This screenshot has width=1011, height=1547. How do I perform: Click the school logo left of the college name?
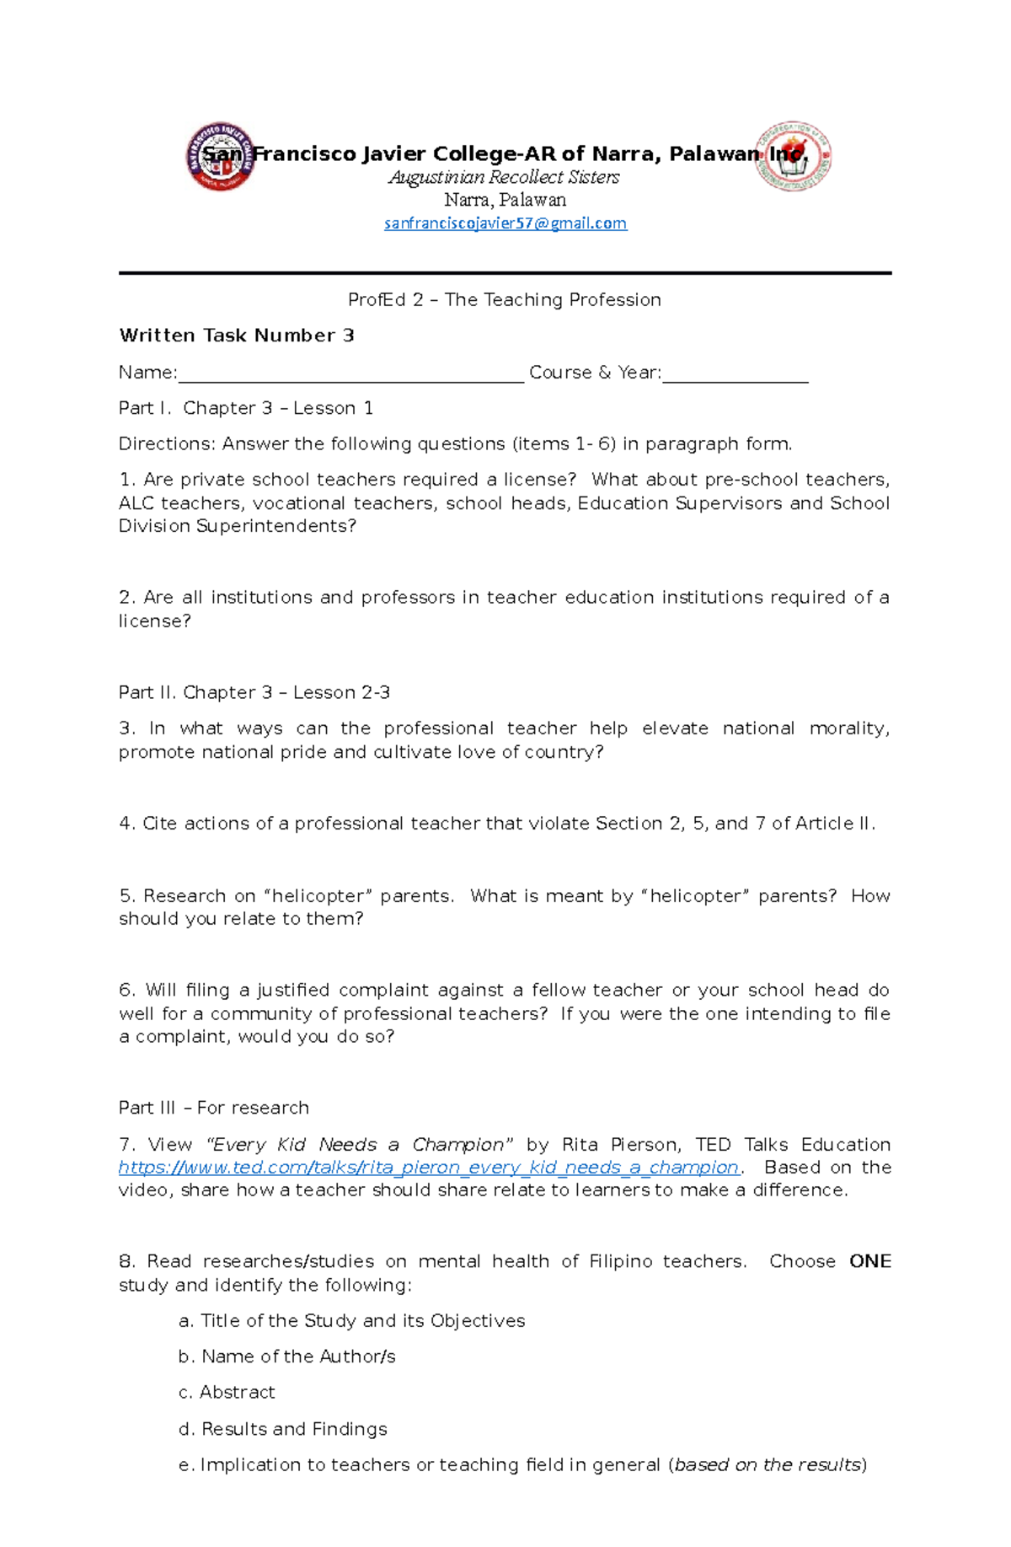(x=221, y=156)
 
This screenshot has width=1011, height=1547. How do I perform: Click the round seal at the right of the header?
(x=793, y=156)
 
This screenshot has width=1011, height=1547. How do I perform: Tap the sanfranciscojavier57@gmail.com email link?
(x=505, y=223)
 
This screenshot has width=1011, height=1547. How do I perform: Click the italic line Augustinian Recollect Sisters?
(x=504, y=177)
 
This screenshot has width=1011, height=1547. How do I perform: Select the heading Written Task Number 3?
(x=237, y=336)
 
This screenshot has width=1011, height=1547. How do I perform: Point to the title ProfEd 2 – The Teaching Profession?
(x=505, y=300)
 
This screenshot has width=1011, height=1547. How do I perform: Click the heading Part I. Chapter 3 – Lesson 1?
(x=246, y=408)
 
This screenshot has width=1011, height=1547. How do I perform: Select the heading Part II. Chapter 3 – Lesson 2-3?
(x=254, y=693)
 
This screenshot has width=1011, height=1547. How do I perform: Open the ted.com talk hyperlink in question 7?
(x=429, y=1168)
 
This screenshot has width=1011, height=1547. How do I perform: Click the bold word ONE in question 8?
(x=869, y=1261)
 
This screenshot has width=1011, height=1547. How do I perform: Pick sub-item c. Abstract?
(x=227, y=1392)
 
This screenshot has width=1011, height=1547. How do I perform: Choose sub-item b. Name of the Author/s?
(x=286, y=1356)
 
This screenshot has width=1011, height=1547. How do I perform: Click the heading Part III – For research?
(x=214, y=1108)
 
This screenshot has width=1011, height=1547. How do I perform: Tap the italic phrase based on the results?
(x=768, y=1464)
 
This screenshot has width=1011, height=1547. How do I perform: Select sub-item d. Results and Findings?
(x=283, y=1429)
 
